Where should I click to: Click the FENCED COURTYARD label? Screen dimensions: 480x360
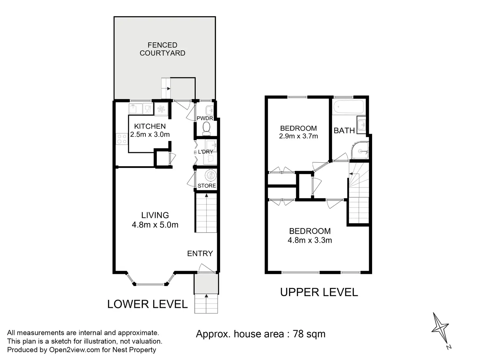click(x=162, y=49)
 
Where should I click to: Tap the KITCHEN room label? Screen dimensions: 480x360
click(x=150, y=126)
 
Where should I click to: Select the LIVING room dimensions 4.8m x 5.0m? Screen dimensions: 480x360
click(x=155, y=225)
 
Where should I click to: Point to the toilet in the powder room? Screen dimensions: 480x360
click(x=206, y=128)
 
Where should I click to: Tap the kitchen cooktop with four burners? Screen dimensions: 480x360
click(x=122, y=139)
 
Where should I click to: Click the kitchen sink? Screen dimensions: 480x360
click(x=135, y=109)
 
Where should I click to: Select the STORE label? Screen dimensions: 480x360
click(x=207, y=186)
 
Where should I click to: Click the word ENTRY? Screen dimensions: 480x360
click(x=200, y=254)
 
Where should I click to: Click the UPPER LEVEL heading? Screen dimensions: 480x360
click(x=319, y=292)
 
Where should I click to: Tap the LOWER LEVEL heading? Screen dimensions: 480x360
click(x=147, y=304)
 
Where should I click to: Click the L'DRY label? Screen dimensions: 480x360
click(x=205, y=152)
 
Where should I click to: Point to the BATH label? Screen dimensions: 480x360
click(x=344, y=131)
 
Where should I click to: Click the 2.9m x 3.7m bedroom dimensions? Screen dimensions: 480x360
click(x=298, y=136)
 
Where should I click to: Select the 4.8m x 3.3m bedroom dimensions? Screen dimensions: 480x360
click(x=310, y=240)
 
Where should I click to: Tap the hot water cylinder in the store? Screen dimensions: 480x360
click(x=211, y=175)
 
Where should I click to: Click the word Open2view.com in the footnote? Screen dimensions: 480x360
click(x=75, y=350)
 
